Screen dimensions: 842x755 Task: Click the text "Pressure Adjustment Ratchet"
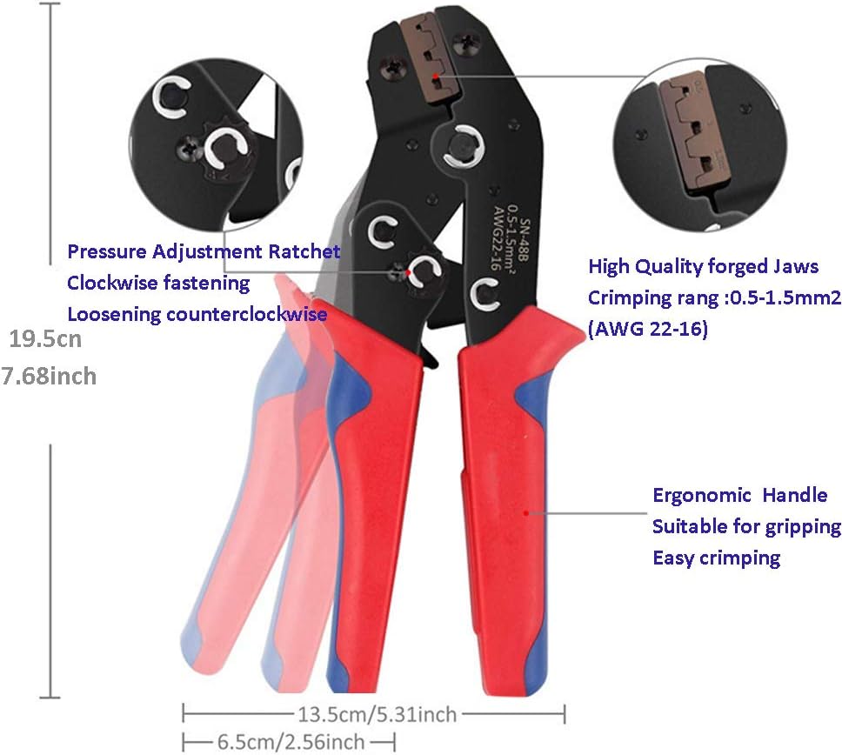click(x=204, y=251)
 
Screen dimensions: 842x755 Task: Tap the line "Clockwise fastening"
click(x=158, y=283)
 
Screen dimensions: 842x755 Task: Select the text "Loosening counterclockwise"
click(x=197, y=314)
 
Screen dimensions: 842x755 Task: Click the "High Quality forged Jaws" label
click(x=704, y=266)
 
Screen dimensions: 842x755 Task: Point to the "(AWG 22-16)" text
click(x=648, y=328)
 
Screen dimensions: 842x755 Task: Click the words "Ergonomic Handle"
click(x=740, y=495)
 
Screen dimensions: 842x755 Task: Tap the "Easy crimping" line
click(x=717, y=558)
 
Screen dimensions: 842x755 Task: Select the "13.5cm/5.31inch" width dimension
click(x=377, y=715)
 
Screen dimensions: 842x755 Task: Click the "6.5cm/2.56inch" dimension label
click(x=291, y=742)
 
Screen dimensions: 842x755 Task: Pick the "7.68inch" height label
click(x=49, y=376)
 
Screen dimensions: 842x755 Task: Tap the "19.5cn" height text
click(x=45, y=339)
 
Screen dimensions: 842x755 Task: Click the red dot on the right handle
click(x=526, y=513)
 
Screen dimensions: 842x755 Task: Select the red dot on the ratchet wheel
click(x=409, y=273)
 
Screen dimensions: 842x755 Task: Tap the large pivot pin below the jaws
click(x=463, y=145)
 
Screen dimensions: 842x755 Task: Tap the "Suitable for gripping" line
click(x=747, y=527)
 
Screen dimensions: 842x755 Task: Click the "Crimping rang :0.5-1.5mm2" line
click(x=715, y=297)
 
